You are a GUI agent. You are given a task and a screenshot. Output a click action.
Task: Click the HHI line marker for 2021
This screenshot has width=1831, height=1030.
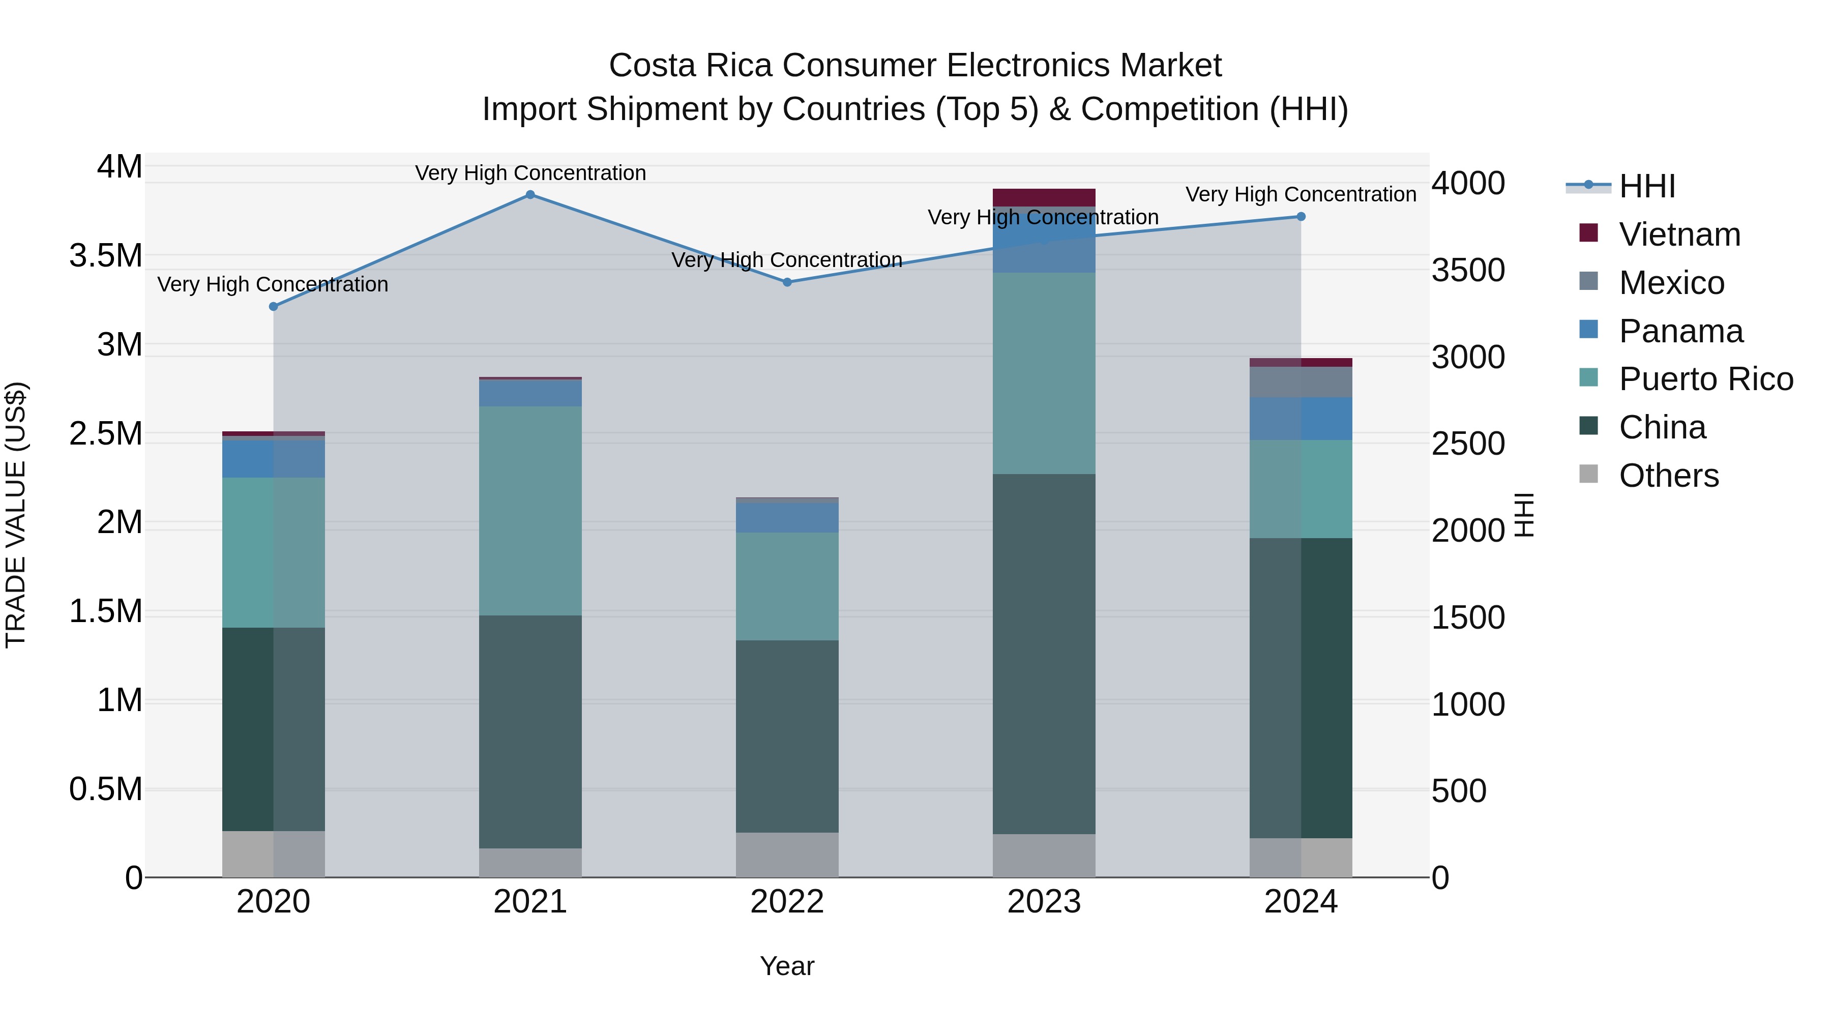pyautogui.click(x=530, y=195)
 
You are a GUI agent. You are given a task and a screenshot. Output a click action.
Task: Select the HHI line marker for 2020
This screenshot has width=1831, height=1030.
pyautogui.click(x=274, y=306)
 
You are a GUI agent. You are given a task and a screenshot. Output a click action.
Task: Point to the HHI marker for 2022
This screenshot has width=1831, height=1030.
pyautogui.click(x=787, y=282)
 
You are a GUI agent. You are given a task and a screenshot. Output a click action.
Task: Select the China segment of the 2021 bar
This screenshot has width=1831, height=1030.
pyautogui.click(x=530, y=731)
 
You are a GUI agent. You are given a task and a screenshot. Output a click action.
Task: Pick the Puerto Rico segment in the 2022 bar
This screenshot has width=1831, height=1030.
pyautogui.click(x=787, y=586)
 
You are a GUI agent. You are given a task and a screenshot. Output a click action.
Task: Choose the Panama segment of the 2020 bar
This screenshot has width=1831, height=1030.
pyautogui.click(x=274, y=459)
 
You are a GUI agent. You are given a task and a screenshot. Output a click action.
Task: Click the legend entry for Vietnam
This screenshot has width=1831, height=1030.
pyautogui.click(x=1679, y=234)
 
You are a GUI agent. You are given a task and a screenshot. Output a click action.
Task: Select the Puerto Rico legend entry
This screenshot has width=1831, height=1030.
pyautogui.click(x=1706, y=379)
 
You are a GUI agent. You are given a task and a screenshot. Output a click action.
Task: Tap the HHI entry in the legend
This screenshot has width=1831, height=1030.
pyautogui.click(x=1647, y=186)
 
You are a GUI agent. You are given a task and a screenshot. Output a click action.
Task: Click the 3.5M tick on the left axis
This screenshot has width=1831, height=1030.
pyautogui.click(x=106, y=256)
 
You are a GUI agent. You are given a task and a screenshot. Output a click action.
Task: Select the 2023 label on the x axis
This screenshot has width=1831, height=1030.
pyautogui.click(x=1044, y=902)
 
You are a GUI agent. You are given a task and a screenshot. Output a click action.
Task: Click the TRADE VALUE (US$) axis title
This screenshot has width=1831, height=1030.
pyautogui.click(x=16, y=515)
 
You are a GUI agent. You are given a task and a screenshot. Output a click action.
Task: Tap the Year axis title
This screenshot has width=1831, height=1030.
pyautogui.click(x=787, y=966)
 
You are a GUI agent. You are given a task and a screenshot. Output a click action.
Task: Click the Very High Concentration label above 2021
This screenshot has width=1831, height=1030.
pyautogui.click(x=530, y=173)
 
